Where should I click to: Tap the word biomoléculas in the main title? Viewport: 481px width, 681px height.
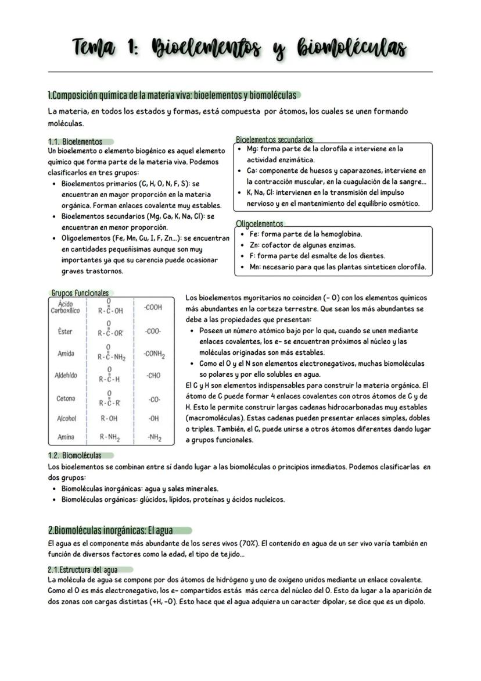pos(343,48)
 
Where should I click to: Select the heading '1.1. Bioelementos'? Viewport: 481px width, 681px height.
pos(75,141)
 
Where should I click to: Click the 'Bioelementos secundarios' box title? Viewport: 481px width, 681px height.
pos(274,140)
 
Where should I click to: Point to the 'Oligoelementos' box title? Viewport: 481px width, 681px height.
pos(260,223)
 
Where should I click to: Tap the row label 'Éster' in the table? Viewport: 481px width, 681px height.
pos(65,331)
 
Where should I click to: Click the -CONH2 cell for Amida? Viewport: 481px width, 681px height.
pos(154,354)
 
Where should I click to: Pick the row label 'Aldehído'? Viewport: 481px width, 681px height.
pos(66,376)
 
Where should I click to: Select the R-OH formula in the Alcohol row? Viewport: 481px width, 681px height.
pos(109,418)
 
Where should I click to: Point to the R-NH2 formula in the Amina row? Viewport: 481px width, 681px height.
pos(110,437)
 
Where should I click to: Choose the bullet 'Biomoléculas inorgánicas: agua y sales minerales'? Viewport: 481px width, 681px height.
pos(140,489)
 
